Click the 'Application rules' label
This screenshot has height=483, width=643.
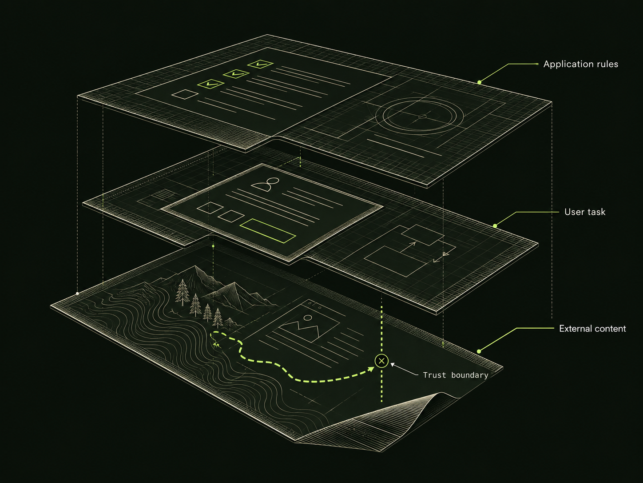point(580,64)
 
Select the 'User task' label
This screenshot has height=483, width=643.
point(585,212)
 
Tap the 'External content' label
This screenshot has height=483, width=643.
point(592,329)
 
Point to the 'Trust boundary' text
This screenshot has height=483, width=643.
point(456,375)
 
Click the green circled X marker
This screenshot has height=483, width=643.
point(381,361)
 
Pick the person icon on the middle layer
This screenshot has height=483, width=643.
point(266,184)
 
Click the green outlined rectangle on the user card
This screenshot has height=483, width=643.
point(268,231)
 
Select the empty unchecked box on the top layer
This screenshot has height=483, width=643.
point(185,94)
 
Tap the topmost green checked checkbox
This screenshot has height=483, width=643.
point(260,64)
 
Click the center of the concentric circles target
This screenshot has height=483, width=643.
point(422,117)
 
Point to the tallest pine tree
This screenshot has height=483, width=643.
point(183,292)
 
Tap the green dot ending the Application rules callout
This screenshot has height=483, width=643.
point(479,82)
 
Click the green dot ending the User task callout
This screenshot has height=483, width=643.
point(495,225)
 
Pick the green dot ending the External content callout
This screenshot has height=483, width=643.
point(479,351)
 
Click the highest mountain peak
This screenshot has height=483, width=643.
point(195,266)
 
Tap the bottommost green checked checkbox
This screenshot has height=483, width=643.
point(211,84)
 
